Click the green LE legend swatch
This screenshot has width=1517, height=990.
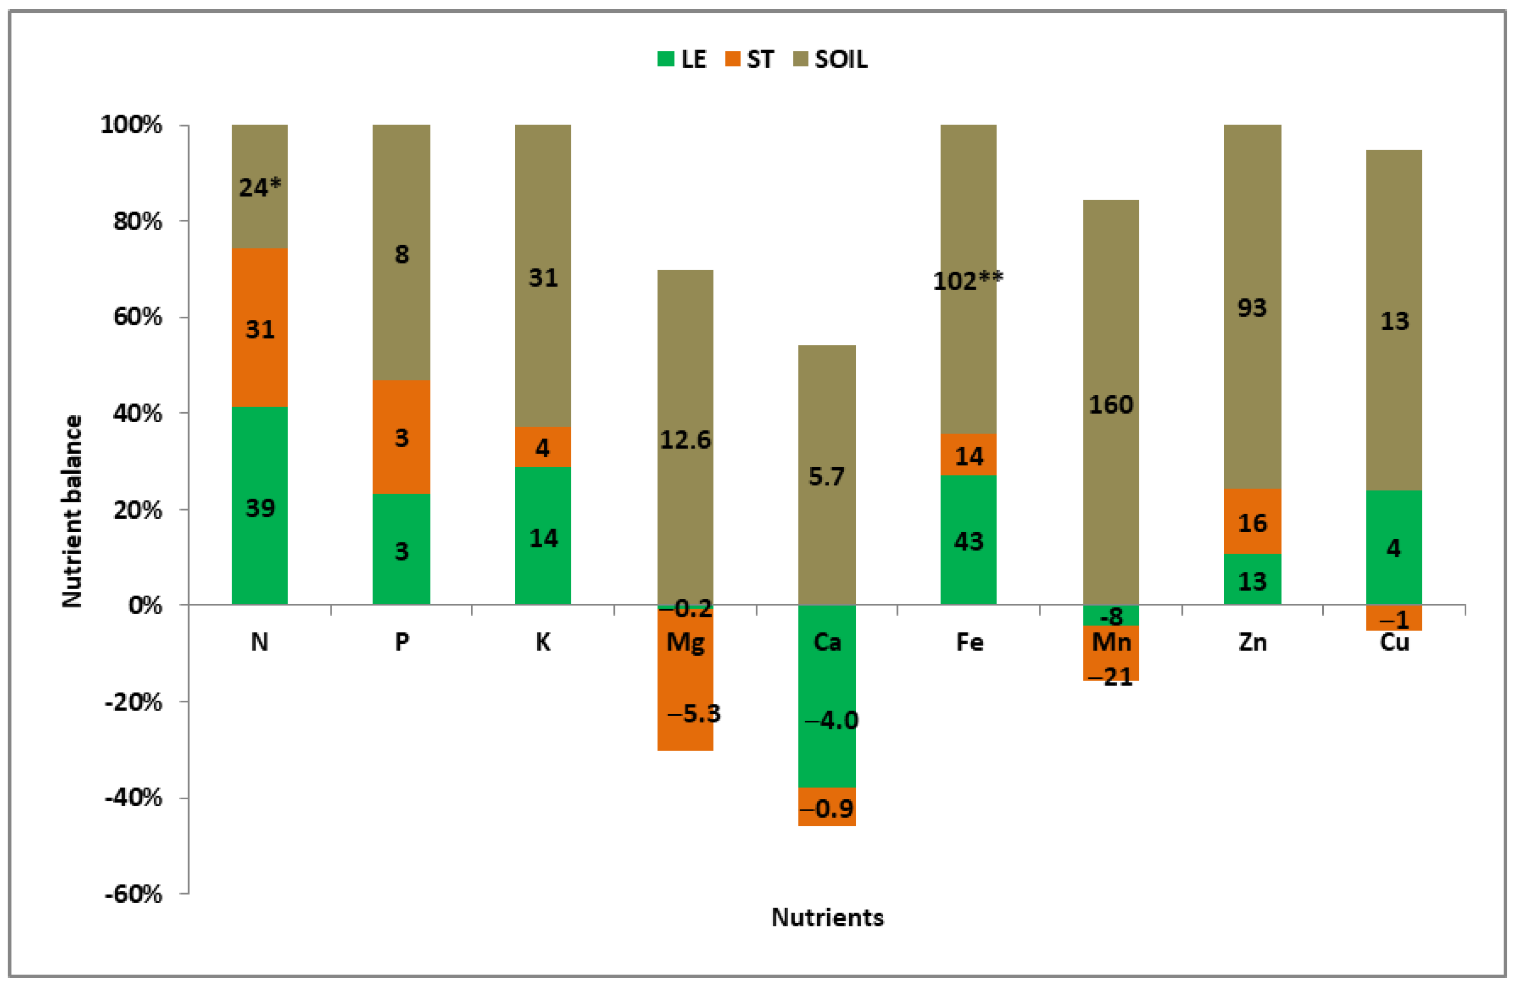665,59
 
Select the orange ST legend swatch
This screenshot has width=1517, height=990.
733,59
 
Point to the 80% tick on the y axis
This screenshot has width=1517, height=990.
138,221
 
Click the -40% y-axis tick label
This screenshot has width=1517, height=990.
133,797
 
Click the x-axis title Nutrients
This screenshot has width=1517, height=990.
827,917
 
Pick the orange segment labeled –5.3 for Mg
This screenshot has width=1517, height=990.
685,695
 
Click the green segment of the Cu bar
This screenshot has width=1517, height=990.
1393,547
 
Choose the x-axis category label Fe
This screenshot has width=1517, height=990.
969,642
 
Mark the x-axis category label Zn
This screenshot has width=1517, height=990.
1252,642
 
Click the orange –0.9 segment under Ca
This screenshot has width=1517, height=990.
827,807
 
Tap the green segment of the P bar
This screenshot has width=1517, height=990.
401,550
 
